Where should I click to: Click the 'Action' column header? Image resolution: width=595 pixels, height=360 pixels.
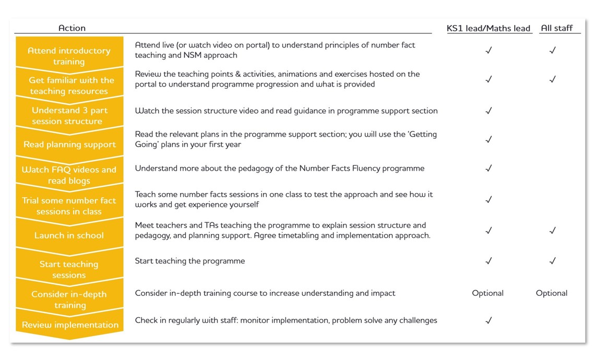click(72, 28)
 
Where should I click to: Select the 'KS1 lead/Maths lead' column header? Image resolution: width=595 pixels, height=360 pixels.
click(489, 28)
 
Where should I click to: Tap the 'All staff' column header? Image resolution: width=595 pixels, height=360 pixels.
click(556, 28)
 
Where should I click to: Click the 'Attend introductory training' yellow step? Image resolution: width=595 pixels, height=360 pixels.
click(69, 56)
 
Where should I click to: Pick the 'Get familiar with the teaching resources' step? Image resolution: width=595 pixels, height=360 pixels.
click(69, 86)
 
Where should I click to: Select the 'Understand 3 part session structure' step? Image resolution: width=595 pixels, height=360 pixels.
click(69, 116)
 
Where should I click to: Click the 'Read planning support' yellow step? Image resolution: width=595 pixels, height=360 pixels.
click(69, 145)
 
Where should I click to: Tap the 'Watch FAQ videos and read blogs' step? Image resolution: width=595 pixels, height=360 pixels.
click(69, 175)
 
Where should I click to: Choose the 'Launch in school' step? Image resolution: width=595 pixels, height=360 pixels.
click(69, 235)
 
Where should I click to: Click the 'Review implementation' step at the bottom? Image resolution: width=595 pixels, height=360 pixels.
click(70, 325)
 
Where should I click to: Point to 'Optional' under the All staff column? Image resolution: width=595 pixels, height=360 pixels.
click(551, 293)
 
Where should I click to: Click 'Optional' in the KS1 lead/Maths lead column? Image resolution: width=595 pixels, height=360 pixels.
click(487, 293)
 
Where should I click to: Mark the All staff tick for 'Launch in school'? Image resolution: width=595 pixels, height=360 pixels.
click(553, 231)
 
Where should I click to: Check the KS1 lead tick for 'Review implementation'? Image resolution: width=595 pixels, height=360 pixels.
click(489, 321)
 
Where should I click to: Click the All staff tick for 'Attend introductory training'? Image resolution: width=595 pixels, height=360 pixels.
click(553, 51)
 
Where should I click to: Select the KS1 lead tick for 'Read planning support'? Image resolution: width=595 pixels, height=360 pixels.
click(489, 140)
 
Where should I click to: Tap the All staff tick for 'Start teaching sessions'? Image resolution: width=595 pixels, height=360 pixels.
click(553, 261)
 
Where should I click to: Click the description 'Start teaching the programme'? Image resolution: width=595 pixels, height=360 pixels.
click(189, 261)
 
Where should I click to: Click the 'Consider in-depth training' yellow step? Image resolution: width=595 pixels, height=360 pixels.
click(69, 299)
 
